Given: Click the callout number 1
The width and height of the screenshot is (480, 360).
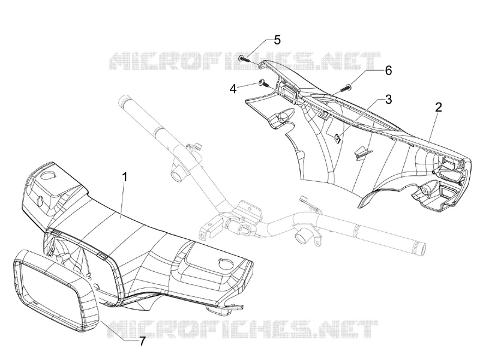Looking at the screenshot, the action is [125, 177].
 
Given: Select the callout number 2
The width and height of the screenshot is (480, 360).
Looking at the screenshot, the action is [439, 107].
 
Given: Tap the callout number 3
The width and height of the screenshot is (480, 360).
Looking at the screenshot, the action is [388, 99].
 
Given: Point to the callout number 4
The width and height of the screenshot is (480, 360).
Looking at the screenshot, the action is [233, 89].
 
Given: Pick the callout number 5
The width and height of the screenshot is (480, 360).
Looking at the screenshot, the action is [277, 40].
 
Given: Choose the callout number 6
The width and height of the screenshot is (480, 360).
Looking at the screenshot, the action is [388, 71].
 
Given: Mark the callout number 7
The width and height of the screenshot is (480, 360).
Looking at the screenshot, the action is [142, 341].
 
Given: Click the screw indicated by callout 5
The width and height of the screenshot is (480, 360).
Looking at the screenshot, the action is [245, 58].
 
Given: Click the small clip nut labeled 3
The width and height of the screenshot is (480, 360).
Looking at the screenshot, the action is [337, 138].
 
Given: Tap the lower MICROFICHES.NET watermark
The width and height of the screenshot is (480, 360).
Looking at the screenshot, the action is [242, 329].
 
